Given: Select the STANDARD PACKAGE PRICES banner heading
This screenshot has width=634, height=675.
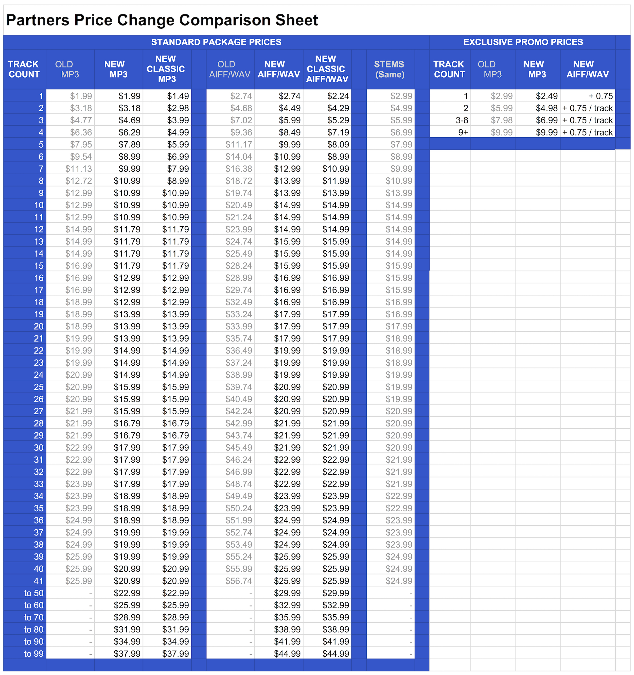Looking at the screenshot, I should pos(216,42).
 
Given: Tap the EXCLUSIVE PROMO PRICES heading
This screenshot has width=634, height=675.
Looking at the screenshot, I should pos(523,42).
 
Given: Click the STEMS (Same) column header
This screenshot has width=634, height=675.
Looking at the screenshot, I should pos(390,69).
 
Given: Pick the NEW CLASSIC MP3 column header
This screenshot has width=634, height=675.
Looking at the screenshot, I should pos(166,69).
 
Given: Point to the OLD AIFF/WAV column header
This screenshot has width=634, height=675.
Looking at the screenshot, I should pos(230,69).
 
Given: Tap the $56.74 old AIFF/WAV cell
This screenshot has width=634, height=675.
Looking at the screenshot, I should pos(239,581).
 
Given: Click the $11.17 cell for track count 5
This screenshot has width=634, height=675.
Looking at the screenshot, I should pos(239,145).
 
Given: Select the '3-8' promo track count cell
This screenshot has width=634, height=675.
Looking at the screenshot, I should pos(462,120).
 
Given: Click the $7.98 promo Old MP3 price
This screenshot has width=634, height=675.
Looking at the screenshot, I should pos(502,120).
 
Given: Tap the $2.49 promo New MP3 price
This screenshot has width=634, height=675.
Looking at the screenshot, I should pos(547,96).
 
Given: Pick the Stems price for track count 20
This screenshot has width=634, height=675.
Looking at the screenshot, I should pos(399,326).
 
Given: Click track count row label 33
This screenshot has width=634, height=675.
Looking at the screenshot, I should pos(39,484).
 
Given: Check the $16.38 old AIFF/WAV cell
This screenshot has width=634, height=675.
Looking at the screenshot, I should pos(239,169).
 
